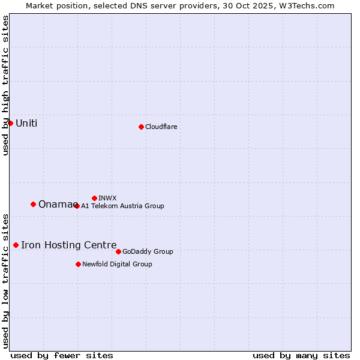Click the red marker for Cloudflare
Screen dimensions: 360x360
[x=141, y=127]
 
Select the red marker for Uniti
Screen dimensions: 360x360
[x=10, y=123]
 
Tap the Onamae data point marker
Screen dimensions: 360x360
[x=33, y=204]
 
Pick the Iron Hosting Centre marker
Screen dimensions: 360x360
[x=16, y=245]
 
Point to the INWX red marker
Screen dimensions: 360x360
[x=94, y=198]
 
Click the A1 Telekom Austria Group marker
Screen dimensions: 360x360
[x=77, y=206]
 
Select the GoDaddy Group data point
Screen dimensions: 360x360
[x=118, y=251]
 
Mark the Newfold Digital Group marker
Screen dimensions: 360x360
[x=78, y=264]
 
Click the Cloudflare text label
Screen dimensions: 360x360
[x=161, y=127]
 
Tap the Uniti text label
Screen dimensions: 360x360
[x=26, y=124]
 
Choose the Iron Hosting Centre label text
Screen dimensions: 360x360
[x=68, y=245]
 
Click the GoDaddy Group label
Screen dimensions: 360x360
[x=148, y=251]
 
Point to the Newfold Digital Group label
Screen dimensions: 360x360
[x=117, y=264]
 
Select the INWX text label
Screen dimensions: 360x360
[x=107, y=198]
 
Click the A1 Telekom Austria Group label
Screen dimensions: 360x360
[x=122, y=206]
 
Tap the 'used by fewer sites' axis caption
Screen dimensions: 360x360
[x=62, y=355]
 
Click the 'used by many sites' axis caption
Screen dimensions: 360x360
[x=301, y=355]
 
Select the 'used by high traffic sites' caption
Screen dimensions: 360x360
[x=5, y=85]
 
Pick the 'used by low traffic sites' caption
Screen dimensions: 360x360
[x=5, y=280]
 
